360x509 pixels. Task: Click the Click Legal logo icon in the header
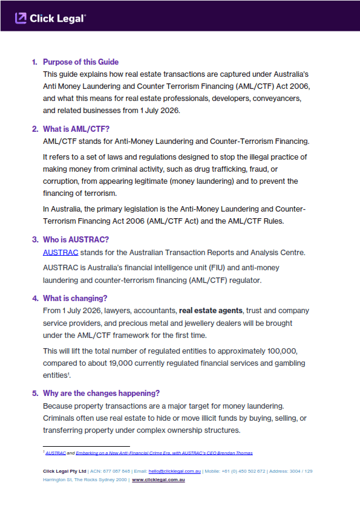click(21, 18)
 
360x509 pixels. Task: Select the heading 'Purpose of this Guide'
click(80, 62)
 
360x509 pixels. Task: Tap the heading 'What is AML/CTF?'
click(76, 129)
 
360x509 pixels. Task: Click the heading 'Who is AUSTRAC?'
click(76, 239)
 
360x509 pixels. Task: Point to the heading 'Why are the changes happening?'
click(101, 393)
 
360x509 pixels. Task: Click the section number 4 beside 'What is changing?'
click(34, 298)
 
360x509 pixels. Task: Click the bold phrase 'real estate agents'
click(211, 311)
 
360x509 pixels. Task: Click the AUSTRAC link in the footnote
click(56, 453)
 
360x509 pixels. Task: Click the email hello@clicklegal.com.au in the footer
click(175, 470)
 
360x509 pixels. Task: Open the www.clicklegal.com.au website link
click(159, 479)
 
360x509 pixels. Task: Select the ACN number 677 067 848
click(117, 470)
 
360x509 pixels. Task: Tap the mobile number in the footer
click(243, 470)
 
